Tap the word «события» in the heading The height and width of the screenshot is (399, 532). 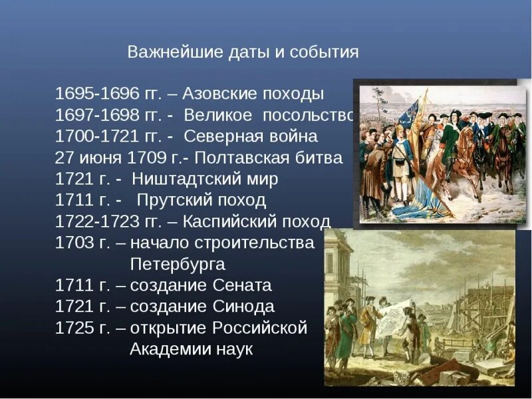point(324,53)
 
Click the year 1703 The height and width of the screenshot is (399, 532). point(72,243)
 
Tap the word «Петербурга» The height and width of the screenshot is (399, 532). point(178,265)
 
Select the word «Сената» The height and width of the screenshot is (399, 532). point(242,286)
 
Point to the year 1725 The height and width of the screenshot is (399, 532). point(72,329)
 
